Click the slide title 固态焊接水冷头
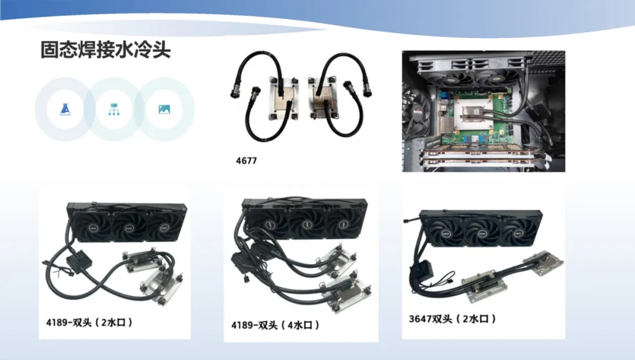pos(106,50)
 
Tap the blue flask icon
pos(65,109)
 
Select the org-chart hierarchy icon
pos(114,109)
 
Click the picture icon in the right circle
pos(164,109)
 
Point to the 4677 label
pos(246,161)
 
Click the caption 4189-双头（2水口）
pos(89,323)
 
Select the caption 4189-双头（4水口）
pos(275,325)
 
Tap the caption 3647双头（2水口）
pos(452,319)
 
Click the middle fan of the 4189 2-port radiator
pos(128,225)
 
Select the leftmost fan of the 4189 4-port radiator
pos(269,223)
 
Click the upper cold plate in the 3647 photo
pos(543,263)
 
